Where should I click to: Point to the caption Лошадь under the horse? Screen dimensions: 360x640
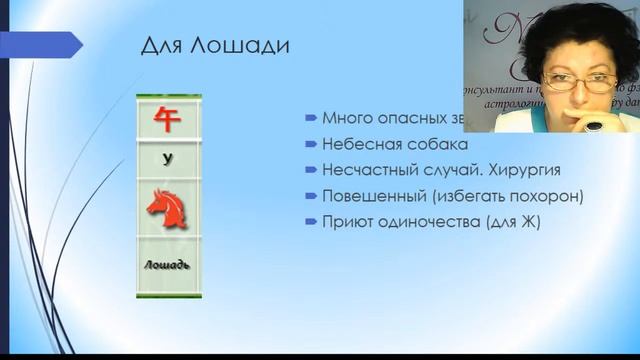(168, 265)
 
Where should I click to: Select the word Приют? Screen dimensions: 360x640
(345, 221)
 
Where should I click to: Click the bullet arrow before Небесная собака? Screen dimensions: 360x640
(312, 143)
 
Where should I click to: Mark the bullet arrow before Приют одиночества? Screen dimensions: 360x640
(312, 221)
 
